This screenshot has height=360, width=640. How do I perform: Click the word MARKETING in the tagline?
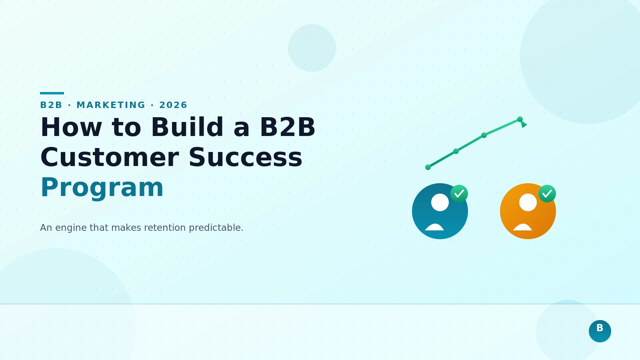point(111,105)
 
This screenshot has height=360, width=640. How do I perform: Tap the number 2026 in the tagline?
point(173,105)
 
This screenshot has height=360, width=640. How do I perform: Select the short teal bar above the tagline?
point(52,93)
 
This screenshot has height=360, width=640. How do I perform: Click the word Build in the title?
point(187,128)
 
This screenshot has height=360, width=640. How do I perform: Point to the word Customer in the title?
point(109,158)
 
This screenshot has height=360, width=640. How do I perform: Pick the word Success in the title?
point(245,158)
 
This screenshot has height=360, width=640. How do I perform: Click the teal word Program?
point(102,188)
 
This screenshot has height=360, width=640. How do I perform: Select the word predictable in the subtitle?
point(216,228)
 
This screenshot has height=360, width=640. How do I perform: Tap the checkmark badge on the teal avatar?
point(459,194)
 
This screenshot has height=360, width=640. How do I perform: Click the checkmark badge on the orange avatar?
point(547,194)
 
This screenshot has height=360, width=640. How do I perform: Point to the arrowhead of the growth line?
point(524,124)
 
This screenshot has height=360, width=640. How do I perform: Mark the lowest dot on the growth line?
point(428,167)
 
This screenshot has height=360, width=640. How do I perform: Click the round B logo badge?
point(600,331)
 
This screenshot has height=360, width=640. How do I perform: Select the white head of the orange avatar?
point(528,202)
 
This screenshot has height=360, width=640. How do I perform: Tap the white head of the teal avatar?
point(440,202)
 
